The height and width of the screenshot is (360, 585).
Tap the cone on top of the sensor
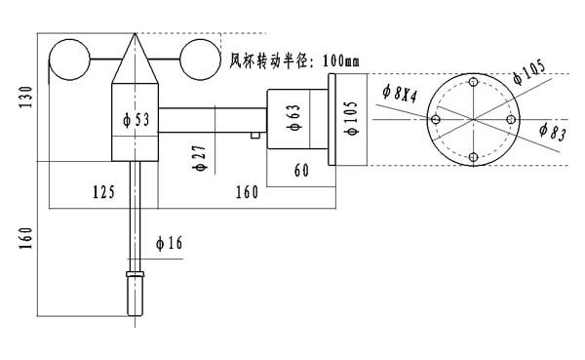coord(136,59)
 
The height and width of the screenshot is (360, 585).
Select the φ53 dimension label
coord(136,120)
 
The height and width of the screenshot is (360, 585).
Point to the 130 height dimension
coord(26,98)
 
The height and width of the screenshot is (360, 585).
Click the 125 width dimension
coord(103,192)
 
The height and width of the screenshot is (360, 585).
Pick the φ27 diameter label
coord(200,158)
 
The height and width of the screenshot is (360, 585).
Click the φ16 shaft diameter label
coord(169,243)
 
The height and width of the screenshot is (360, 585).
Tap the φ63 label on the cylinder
coord(293,117)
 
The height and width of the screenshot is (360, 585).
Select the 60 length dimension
coord(301,171)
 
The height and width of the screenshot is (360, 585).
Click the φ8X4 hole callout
coord(399,93)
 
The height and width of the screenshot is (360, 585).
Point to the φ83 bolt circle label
coord(553,132)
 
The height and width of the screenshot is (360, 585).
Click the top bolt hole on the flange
coord(474,82)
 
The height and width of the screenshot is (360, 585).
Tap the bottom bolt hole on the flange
coord(474,157)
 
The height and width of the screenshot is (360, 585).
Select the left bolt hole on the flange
coord(436,119)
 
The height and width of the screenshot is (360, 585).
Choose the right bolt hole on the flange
coord(511,119)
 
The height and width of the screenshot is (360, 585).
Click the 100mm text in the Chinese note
coord(341,60)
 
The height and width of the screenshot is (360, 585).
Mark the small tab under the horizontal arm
coord(255,136)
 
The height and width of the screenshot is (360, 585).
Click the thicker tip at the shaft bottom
coord(136,294)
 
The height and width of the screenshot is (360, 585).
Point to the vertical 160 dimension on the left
coord(26,238)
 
